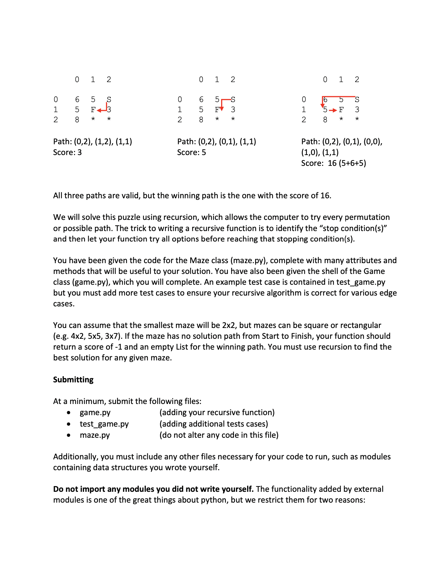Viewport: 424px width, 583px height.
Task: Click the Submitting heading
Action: coord(73,380)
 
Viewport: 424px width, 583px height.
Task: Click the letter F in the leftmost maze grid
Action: coord(93,110)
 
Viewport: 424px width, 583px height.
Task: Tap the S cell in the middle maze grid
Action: coord(233,100)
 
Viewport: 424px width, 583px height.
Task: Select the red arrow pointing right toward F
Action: coord(333,110)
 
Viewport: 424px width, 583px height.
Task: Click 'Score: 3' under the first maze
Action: coord(68,152)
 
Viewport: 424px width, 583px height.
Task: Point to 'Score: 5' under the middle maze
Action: coord(191,152)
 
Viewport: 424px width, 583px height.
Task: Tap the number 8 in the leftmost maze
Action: coord(77,120)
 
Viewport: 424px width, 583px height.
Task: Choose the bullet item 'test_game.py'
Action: coord(104,424)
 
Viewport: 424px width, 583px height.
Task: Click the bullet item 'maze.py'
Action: coord(95,435)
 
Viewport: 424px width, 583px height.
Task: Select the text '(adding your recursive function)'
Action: coord(217,412)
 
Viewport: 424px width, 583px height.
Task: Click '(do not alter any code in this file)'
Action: coord(219,435)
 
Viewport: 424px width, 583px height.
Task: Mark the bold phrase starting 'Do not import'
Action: coord(153,489)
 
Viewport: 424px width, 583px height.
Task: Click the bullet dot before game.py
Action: coord(69,413)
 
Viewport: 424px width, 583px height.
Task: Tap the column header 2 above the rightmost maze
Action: coord(357,80)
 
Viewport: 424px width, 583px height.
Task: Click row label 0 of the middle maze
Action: coord(180,100)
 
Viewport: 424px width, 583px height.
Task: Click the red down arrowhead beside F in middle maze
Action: coord(221,108)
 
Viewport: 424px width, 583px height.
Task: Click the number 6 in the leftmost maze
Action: coord(77,100)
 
